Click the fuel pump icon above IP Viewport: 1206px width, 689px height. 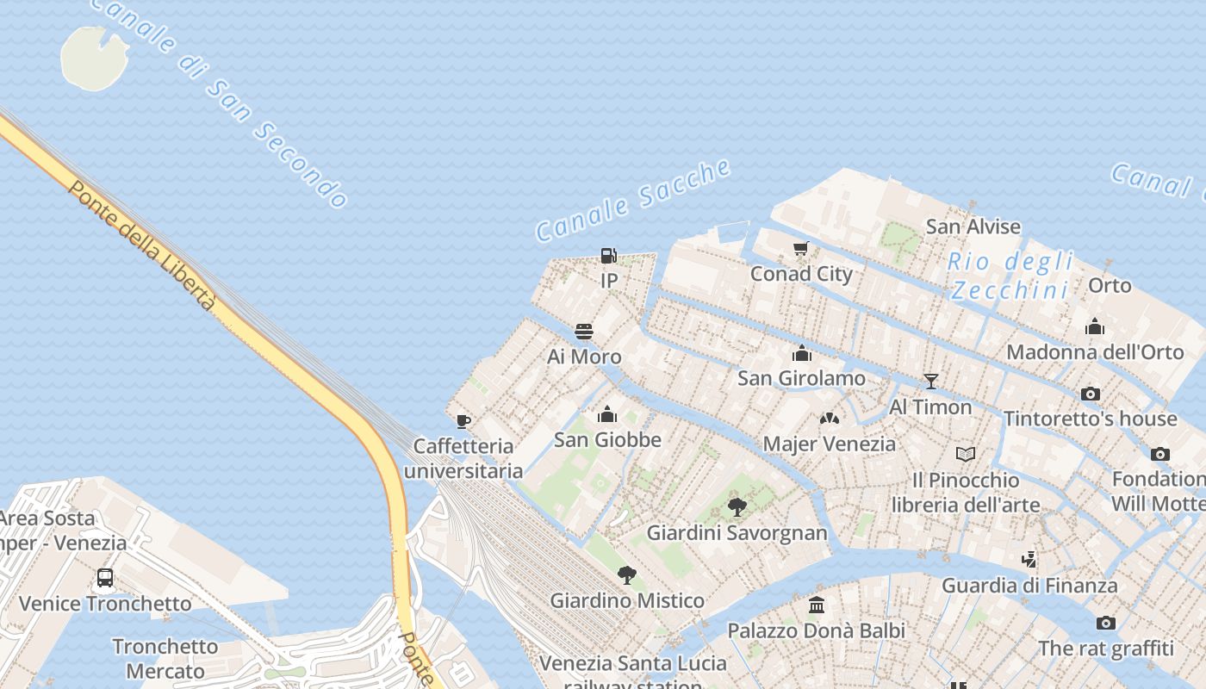coord(608,256)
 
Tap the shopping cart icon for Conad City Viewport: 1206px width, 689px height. coord(801,249)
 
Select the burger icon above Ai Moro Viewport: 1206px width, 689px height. coord(584,332)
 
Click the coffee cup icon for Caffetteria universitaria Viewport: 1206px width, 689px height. coord(463,421)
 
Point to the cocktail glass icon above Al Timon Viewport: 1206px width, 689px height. coord(930,381)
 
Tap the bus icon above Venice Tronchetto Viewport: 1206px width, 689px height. coord(105,578)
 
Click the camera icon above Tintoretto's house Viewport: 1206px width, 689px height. coord(1091,394)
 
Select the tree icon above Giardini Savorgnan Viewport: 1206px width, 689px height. coord(737,506)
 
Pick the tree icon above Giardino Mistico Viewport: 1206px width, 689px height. coord(627,574)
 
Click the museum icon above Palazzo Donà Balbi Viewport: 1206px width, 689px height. coord(817,605)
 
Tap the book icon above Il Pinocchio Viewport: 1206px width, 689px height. coord(965,454)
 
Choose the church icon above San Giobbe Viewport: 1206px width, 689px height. coord(607,414)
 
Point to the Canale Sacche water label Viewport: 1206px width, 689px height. coord(633,200)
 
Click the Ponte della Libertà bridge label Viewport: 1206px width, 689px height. coord(141,245)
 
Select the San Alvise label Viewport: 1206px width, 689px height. coord(973,227)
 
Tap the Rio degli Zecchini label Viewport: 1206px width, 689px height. coord(1010,276)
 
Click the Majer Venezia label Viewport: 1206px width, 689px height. coord(830,444)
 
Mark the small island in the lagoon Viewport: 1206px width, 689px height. coord(94,58)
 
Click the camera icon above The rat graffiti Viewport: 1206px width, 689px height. coord(1106,623)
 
